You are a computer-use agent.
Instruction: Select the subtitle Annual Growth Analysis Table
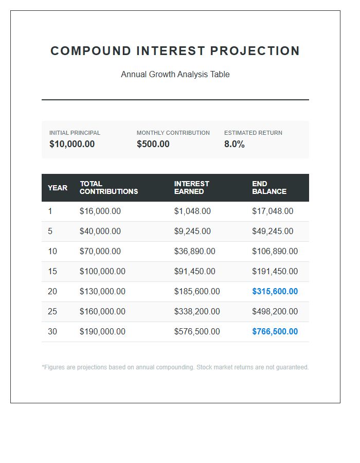coord(175,74)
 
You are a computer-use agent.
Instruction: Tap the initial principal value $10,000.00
coord(72,144)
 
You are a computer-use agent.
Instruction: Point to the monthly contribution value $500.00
coord(153,144)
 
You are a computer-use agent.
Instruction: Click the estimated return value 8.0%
coord(234,144)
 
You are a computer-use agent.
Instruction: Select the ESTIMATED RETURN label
coord(253,133)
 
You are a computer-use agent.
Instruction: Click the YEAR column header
coord(58,188)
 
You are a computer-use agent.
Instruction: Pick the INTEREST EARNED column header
coord(191,188)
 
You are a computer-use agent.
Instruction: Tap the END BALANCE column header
coord(269,188)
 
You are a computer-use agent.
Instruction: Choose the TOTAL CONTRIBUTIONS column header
coord(109,188)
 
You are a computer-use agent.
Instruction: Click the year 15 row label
coord(52,271)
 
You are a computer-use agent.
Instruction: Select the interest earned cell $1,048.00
coord(192,211)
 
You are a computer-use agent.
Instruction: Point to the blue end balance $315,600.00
coord(275,291)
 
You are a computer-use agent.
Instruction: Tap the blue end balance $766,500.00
coord(275,331)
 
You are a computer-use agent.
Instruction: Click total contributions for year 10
coord(100,251)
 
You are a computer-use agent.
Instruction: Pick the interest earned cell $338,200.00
coord(196,311)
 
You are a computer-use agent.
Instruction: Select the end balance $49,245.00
coord(273,231)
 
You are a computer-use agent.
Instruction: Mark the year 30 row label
coord(52,331)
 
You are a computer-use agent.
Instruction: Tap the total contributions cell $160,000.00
coord(102,311)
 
